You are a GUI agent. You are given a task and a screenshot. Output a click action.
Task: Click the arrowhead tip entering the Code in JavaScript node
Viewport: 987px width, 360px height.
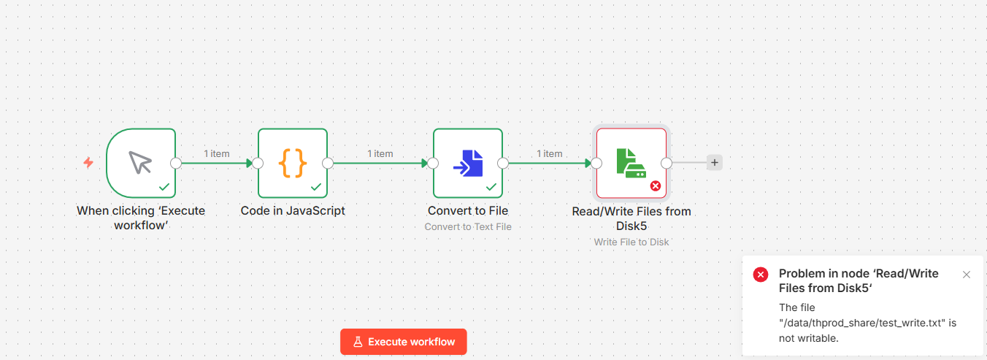[x=253, y=164]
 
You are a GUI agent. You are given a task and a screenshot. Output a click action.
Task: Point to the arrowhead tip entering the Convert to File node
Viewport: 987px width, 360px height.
[x=429, y=164]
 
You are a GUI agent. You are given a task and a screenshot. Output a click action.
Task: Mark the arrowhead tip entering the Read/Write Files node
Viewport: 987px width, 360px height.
[x=591, y=164]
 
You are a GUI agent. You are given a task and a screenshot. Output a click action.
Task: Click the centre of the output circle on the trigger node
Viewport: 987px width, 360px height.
[x=176, y=164]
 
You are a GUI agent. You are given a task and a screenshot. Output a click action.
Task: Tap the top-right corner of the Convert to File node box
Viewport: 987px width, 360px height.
[x=502, y=129]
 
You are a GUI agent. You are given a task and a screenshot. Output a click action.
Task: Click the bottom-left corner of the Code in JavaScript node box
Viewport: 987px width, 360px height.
[x=258, y=197]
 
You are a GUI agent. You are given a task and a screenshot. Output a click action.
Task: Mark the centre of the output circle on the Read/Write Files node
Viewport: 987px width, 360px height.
[x=667, y=164]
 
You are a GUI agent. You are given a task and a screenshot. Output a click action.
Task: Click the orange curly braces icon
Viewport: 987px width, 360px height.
[x=293, y=163]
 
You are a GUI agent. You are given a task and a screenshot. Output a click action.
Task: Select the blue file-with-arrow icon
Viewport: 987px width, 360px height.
[x=468, y=163]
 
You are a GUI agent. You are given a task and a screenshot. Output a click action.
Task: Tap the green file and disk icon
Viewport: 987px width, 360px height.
[x=631, y=163]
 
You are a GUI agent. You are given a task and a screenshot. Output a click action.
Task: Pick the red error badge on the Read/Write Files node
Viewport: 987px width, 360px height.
[x=656, y=186]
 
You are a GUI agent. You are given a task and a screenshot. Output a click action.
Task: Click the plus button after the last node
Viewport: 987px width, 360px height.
[x=714, y=163]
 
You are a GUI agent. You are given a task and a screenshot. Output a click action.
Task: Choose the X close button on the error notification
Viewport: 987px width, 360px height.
[x=967, y=275]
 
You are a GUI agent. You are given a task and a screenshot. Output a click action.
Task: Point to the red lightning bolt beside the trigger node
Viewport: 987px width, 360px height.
[x=88, y=163]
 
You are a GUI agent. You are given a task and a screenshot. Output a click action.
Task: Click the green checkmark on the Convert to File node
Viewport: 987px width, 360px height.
[x=491, y=187]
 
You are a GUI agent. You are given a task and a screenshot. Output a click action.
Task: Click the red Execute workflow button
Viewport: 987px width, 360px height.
[x=403, y=342]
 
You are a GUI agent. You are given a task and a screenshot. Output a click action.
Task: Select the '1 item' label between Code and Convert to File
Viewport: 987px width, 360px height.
[x=380, y=153]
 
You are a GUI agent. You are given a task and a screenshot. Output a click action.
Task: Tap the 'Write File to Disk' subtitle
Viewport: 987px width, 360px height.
[x=631, y=242]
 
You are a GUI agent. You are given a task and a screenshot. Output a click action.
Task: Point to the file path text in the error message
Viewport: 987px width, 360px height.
[x=862, y=323]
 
